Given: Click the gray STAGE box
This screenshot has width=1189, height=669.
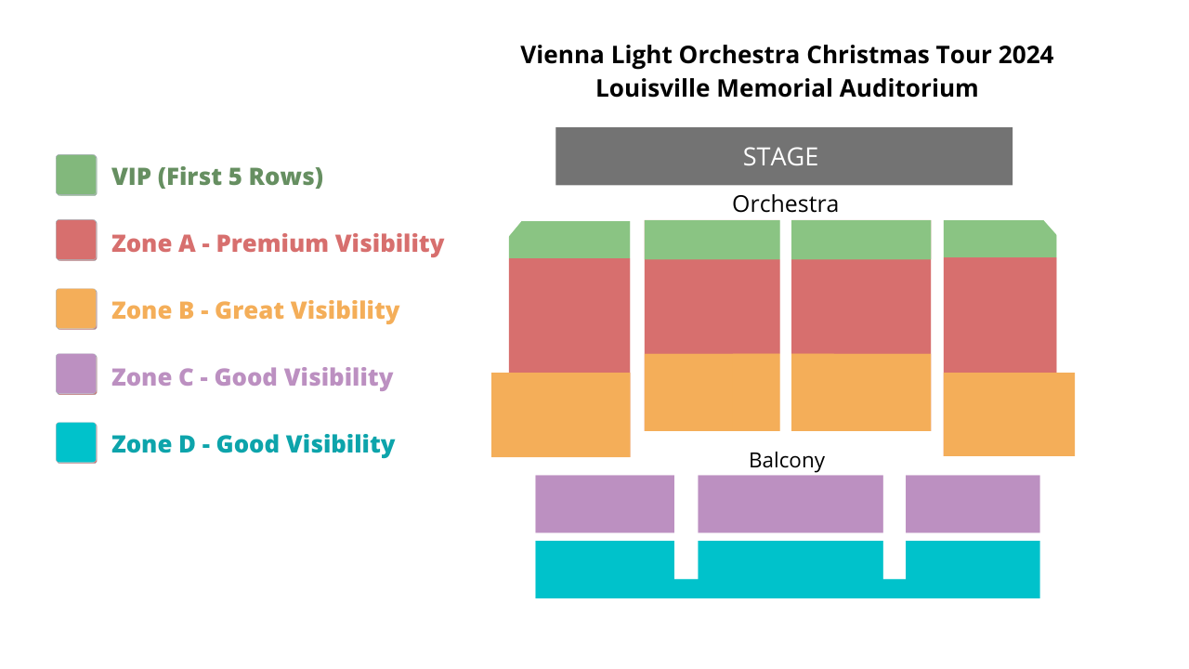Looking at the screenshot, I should [x=783, y=156].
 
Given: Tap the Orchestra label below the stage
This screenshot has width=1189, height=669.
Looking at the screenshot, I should [x=785, y=203].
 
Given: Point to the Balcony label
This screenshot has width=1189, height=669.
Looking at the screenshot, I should [x=787, y=460].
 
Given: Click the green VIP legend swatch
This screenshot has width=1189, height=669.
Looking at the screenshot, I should [x=76, y=176].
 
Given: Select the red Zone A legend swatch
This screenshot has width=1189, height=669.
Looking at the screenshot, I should [x=76, y=241].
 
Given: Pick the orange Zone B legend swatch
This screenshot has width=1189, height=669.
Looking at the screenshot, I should [x=76, y=309].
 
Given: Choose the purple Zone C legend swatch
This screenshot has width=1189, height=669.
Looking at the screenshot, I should [x=76, y=374].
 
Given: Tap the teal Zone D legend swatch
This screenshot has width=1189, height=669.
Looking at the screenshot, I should [x=76, y=443].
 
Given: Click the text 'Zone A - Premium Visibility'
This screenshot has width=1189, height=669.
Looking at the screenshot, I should [x=278, y=243].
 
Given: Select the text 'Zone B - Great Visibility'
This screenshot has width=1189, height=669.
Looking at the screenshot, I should [x=255, y=310].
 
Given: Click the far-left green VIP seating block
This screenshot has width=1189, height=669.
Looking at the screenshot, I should [x=569, y=240].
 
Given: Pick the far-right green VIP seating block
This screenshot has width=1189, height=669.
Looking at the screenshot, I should [x=1000, y=239].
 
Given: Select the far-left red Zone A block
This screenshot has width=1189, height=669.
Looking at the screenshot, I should [x=569, y=315].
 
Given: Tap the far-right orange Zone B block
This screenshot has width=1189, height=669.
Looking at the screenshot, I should [x=1009, y=414].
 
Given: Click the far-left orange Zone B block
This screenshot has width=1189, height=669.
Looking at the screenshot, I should [x=560, y=414].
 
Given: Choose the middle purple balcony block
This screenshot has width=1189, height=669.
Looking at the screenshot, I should [x=790, y=504].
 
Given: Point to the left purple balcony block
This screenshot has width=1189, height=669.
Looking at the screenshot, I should [x=604, y=504].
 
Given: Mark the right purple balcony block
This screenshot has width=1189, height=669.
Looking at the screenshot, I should [x=973, y=504].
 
